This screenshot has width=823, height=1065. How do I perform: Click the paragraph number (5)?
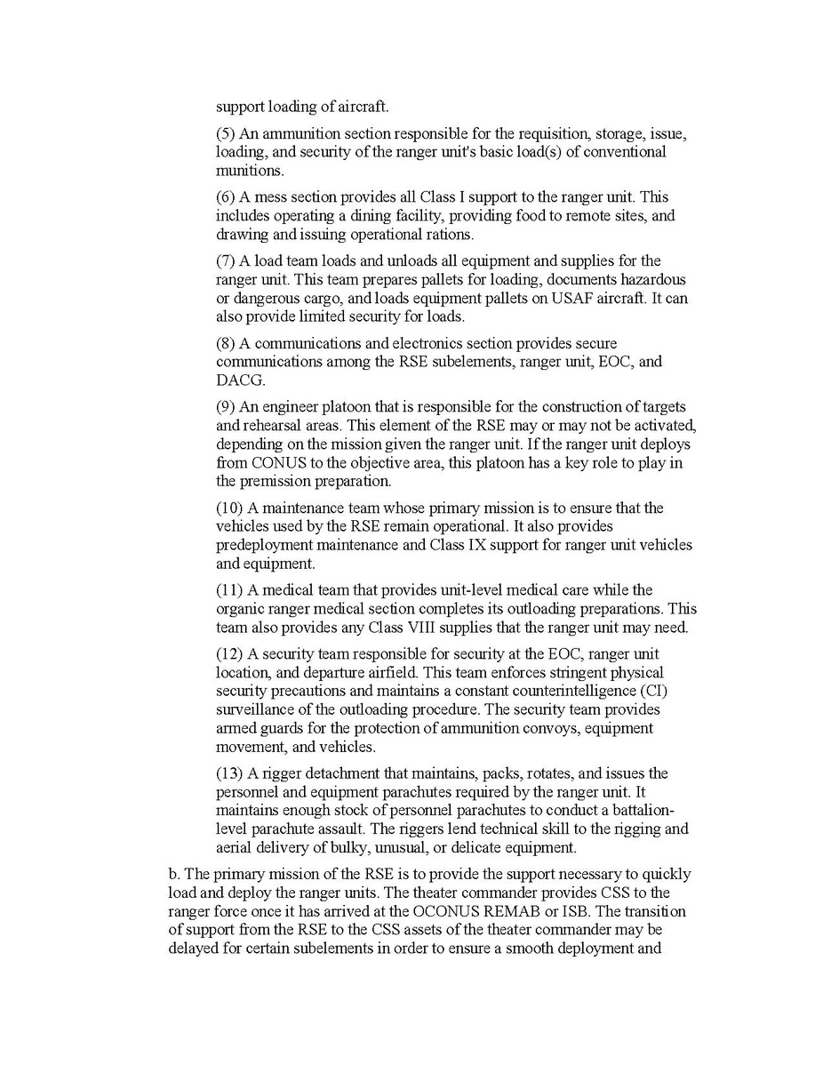point(226,134)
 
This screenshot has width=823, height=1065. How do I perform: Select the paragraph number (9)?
point(226,407)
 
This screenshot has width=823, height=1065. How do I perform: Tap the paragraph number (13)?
point(229,774)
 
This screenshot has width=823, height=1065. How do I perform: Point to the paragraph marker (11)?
point(229,589)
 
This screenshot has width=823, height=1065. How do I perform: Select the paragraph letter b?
point(174,874)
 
